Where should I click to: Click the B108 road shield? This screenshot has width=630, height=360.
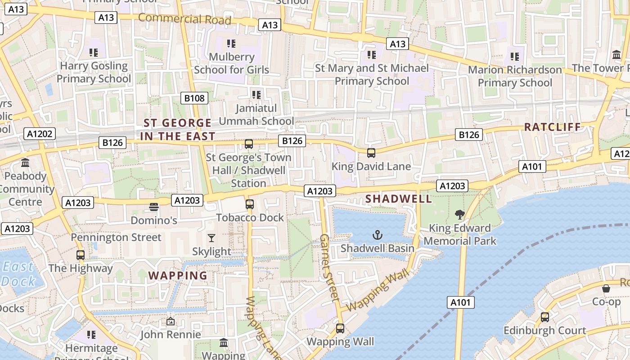194,98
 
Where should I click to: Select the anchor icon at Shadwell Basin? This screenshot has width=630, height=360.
378,234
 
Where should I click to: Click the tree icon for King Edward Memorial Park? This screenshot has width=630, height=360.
459,214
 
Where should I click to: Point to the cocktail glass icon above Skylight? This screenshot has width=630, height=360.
211,238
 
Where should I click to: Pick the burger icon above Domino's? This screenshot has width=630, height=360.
154,207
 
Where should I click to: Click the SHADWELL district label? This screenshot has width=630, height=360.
398,198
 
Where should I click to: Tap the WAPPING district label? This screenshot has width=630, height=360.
178,275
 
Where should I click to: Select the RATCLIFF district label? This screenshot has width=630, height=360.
553,127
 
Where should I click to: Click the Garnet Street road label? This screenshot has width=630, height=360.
329,267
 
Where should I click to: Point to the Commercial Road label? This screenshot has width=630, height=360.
184,19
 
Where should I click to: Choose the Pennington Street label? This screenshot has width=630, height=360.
116,237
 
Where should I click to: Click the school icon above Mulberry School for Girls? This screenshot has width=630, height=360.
231,44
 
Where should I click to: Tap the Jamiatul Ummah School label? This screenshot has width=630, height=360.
256,115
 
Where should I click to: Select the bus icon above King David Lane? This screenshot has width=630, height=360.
371,153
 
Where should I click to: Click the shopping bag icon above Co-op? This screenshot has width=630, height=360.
606,288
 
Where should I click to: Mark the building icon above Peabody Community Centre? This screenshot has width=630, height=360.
25,162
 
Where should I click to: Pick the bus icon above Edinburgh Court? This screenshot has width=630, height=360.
545,317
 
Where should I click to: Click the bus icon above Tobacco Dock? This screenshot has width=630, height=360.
250,204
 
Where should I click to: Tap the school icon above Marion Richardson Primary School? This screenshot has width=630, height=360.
515,57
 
